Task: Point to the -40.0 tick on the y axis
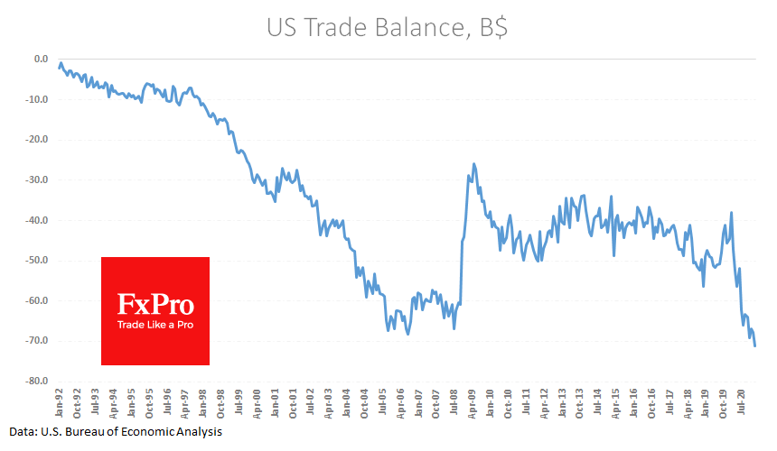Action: pos(36,220)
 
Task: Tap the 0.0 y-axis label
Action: pos(41,60)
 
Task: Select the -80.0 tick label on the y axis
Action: pos(36,381)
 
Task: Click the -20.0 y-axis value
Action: pos(36,140)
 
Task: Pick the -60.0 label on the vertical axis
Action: pos(36,300)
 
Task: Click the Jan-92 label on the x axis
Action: pos(59,402)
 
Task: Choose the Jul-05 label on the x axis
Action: pos(382,402)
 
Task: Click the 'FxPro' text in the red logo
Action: pos(155,304)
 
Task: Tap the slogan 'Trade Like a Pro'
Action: pos(155,324)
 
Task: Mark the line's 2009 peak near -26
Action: pos(473,164)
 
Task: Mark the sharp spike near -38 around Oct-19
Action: pos(731,212)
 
